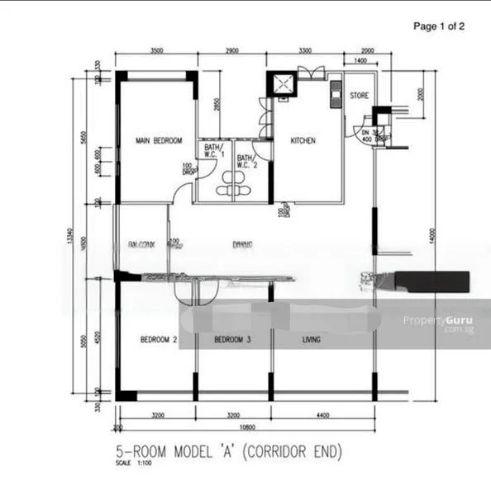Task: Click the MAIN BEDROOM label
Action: click(159, 141)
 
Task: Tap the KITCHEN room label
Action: click(303, 141)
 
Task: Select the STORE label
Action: click(359, 96)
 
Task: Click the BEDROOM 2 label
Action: click(158, 339)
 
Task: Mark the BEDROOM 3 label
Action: click(232, 339)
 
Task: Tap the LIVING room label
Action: click(311, 339)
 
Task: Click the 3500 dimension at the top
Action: click(156, 51)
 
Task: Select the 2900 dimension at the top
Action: click(232, 51)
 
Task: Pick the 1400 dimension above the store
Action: click(360, 62)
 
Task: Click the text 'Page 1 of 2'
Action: click(439, 26)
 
